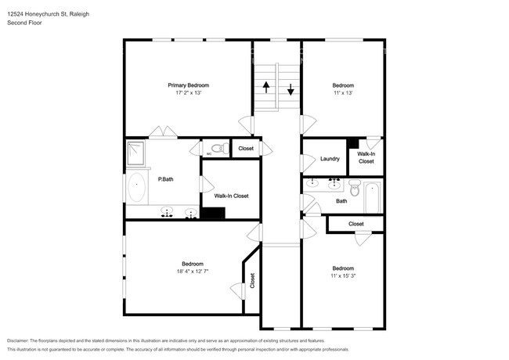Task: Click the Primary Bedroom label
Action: click(188, 85)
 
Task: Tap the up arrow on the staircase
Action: click(266, 87)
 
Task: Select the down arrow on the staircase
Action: click(291, 89)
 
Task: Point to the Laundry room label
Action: click(330, 159)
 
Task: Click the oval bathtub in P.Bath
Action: click(137, 187)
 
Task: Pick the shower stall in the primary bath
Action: click(135, 153)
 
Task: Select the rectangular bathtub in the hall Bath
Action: click(373, 197)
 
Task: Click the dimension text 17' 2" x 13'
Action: click(188, 93)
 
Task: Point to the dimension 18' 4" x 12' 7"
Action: click(193, 271)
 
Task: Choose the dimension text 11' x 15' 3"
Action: click(343, 275)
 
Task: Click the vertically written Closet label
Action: click(252, 280)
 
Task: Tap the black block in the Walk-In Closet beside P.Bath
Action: click(213, 213)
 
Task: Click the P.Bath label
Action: click(165, 179)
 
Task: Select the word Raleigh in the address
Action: click(79, 14)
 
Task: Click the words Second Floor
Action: click(24, 23)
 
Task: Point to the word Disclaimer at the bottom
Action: click(18, 340)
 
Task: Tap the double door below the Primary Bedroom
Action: click(163, 131)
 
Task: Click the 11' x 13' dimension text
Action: click(343, 93)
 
